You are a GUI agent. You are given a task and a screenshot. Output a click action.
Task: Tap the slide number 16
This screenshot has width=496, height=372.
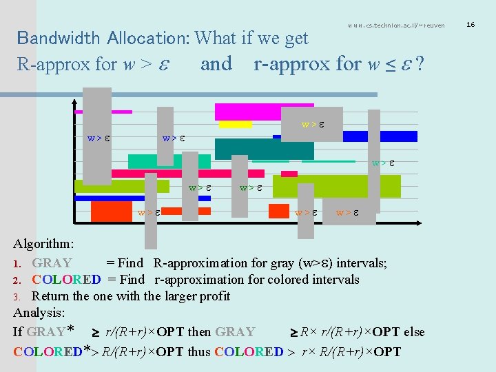click(471, 25)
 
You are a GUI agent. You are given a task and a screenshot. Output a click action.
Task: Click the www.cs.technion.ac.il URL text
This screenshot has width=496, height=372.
click(396, 25)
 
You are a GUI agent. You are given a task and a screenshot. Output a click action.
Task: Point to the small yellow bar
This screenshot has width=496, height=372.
click(235, 125)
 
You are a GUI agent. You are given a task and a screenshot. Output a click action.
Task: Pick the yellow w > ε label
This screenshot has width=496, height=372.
click(313, 125)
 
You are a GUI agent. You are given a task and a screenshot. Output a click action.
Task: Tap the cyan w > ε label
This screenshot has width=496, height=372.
click(383, 163)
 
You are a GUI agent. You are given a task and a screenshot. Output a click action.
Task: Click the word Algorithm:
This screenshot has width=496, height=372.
click(44, 244)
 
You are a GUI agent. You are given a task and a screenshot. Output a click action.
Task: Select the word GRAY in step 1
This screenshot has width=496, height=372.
click(52, 262)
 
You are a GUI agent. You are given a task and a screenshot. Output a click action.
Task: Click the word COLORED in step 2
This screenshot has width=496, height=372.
click(66, 280)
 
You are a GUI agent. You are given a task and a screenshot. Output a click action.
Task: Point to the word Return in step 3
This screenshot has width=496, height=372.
click(51, 296)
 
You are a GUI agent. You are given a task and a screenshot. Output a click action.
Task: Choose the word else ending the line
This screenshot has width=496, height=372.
click(413, 332)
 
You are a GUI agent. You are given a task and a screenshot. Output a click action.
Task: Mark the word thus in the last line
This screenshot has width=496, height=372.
click(199, 352)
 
